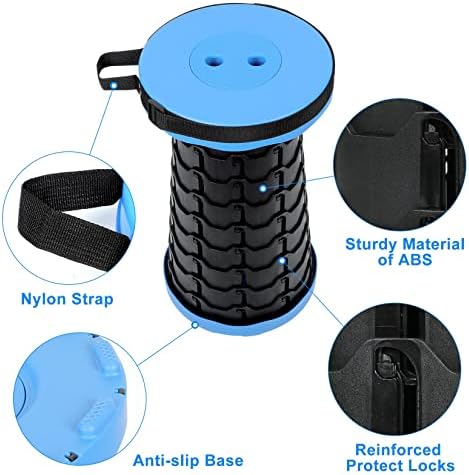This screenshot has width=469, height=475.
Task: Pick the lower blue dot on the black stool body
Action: click(x=284, y=262)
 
